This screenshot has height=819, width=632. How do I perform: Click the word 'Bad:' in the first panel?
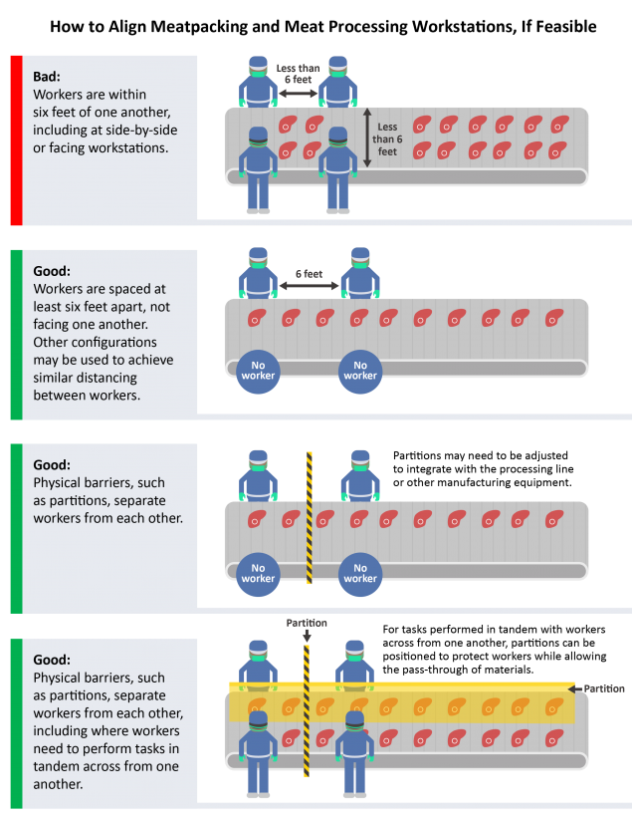tap(47, 77)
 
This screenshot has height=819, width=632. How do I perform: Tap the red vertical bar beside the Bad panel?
tap(16, 139)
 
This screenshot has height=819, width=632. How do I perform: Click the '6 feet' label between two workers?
tap(309, 274)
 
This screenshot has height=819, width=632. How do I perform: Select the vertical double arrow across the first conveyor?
tap(367, 137)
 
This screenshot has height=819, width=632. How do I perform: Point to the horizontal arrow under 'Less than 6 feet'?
tap(298, 94)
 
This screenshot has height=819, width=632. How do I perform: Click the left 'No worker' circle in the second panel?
tap(258, 371)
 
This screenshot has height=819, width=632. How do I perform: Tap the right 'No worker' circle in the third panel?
tap(360, 574)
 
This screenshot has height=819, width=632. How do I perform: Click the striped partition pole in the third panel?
tap(309, 517)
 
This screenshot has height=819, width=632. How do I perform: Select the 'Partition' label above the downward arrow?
tap(307, 623)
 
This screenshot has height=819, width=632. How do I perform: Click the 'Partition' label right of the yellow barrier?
tap(604, 688)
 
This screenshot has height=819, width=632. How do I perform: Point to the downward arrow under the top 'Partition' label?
tap(307, 636)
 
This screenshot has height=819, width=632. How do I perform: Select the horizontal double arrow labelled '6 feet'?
tap(309, 286)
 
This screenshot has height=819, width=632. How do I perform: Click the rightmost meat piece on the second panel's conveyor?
tap(554, 317)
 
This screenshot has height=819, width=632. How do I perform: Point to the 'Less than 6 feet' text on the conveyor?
tap(387, 138)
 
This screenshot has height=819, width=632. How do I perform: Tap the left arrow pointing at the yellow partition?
tap(574, 688)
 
